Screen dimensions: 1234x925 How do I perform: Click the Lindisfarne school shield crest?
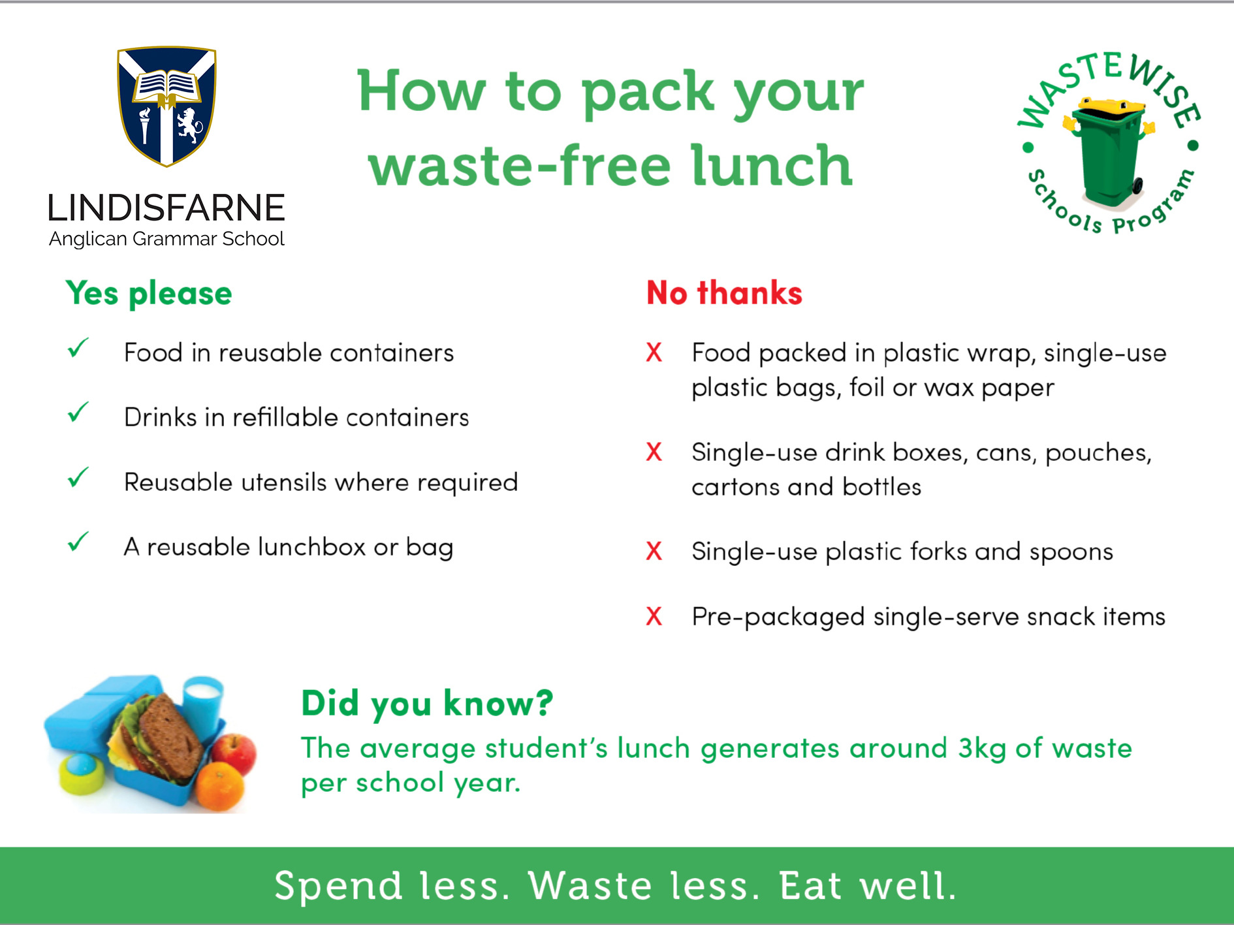pos(166,106)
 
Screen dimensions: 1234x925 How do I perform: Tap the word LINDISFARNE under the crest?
pos(166,208)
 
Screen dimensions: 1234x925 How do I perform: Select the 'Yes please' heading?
pos(149,293)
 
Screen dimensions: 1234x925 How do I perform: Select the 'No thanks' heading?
pos(724,292)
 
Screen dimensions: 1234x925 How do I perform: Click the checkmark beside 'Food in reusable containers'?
pos(78,349)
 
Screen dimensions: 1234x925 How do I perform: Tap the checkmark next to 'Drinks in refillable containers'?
pos(78,413)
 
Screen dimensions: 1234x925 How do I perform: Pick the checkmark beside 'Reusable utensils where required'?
pos(78,478)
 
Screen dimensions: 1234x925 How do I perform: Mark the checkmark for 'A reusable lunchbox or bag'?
pos(78,542)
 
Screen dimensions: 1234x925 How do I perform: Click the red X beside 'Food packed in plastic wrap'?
pos(654,353)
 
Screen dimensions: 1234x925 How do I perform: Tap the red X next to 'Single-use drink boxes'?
pos(654,452)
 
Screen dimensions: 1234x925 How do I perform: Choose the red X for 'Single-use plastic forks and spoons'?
pos(654,551)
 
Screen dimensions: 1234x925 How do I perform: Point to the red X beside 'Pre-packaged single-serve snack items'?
pos(654,616)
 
